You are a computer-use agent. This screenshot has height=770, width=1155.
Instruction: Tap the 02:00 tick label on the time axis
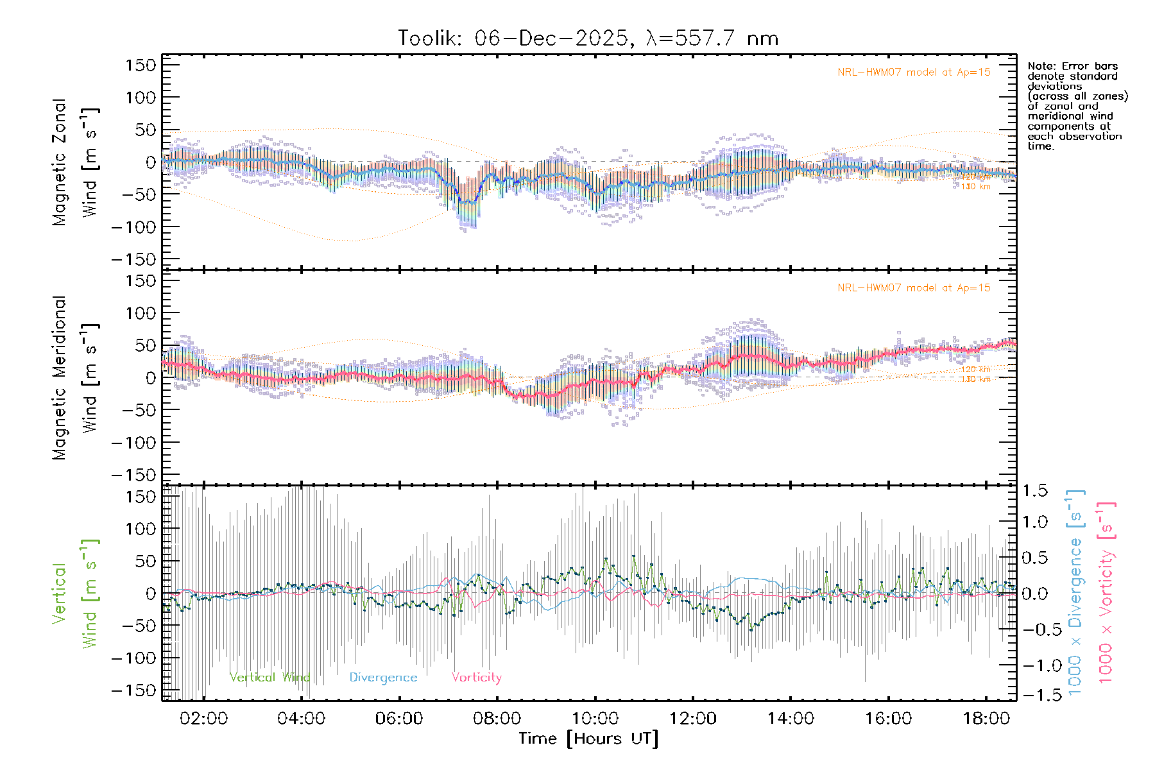click(x=203, y=719)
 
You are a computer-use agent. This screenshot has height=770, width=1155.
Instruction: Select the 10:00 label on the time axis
click(x=595, y=719)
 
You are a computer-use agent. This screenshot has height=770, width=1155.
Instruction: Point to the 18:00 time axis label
click(x=986, y=719)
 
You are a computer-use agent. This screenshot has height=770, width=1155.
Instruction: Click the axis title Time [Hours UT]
click(x=588, y=739)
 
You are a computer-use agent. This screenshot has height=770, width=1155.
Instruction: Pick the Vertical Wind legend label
click(x=269, y=678)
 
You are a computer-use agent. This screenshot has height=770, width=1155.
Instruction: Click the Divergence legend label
click(x=383, y=678)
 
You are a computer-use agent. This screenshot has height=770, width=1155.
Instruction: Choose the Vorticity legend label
click(x=476, y=678)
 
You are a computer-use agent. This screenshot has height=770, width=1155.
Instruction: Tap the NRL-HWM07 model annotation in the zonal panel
click(x=914, y=73)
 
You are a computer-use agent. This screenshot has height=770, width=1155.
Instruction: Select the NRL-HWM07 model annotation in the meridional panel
click(x=914, y=288)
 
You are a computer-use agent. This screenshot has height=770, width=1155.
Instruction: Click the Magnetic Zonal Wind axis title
click(x=76, y=162)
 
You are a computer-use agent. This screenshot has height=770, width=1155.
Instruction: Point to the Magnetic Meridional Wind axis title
click(x=76, y=378)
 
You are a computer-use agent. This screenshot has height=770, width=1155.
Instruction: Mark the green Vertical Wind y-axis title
click(x=76, y=594)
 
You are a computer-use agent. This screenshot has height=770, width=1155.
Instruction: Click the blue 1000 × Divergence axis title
click(x=1075, y=594)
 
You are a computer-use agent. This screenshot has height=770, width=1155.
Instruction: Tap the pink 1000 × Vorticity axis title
click(x=1106, y=594)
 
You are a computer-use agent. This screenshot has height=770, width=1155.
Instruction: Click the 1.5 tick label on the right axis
click(x=1035, y=491)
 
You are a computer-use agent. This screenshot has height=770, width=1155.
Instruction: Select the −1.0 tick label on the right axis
click(x=1034, y=665)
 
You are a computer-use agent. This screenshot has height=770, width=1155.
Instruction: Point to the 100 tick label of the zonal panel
click(x=141, y=98)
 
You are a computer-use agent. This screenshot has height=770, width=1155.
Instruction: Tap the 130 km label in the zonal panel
click(x=975, y=187)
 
